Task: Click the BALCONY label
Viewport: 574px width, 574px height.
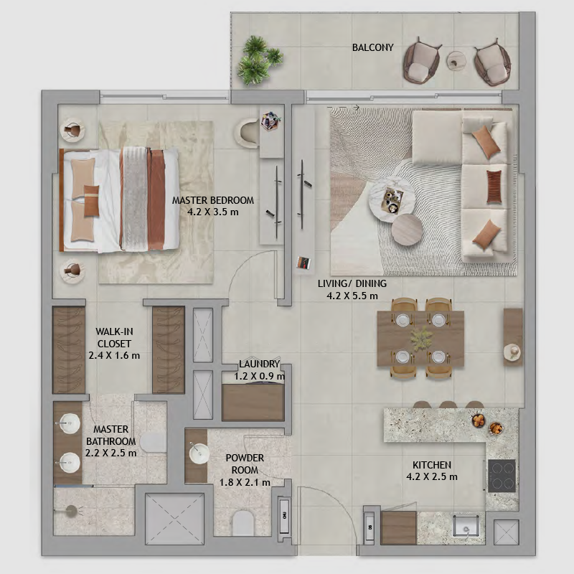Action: [372, 47]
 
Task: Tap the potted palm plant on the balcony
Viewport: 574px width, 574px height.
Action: [260, 60]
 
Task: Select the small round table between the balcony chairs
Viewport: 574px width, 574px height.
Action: [456, 60]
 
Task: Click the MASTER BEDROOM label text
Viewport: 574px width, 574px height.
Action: [212, 200]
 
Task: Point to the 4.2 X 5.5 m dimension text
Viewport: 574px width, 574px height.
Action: [352, 296]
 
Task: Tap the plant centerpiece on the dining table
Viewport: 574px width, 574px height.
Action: [420, 338]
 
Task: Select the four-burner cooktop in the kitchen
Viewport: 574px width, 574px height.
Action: [502, 476]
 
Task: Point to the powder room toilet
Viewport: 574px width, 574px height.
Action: [243, 523]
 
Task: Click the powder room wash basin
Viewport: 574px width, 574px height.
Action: [199, 454]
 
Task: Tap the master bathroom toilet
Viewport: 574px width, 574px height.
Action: [153, 442]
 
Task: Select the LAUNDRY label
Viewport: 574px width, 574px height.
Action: [259, 364]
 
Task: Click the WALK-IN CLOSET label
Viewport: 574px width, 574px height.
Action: [114, 337]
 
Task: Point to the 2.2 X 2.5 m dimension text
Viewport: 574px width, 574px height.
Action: [111, 453]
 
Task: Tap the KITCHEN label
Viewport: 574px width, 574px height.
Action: [432, 465]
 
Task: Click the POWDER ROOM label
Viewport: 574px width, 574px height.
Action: [245, 464]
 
